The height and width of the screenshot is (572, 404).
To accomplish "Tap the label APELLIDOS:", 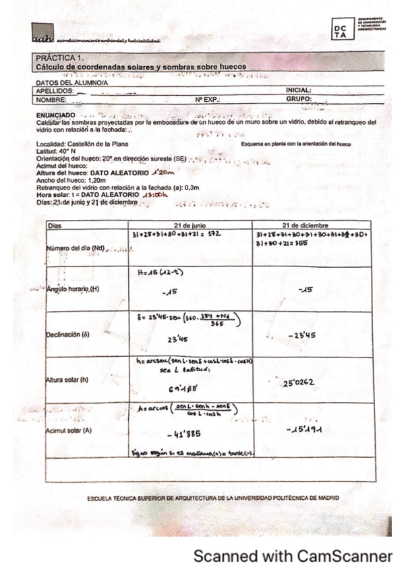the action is point(53,89).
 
